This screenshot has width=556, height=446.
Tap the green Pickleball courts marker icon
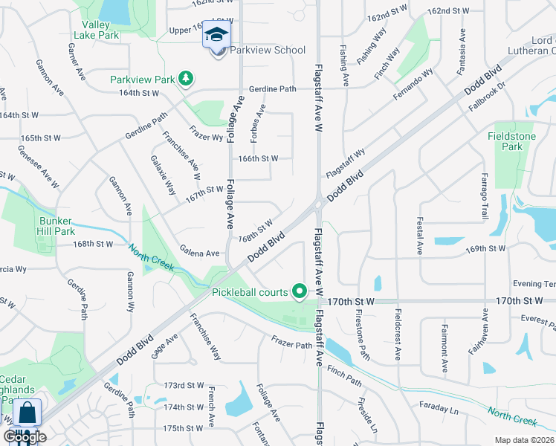coord(300,291)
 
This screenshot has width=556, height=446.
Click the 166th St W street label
coord(258,158)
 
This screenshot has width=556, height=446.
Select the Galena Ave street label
coord(199,253)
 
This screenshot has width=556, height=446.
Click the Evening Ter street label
coord(534,284)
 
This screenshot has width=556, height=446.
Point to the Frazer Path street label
coord(291,344)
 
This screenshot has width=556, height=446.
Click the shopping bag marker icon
coord(27,413)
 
